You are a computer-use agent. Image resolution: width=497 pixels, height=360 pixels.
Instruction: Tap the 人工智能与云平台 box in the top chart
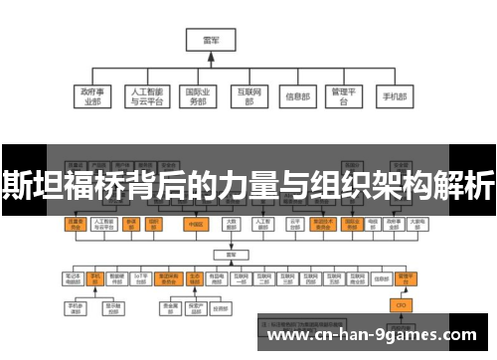(145, 95)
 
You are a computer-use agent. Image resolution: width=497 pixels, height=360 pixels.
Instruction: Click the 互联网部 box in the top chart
(248, 95)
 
